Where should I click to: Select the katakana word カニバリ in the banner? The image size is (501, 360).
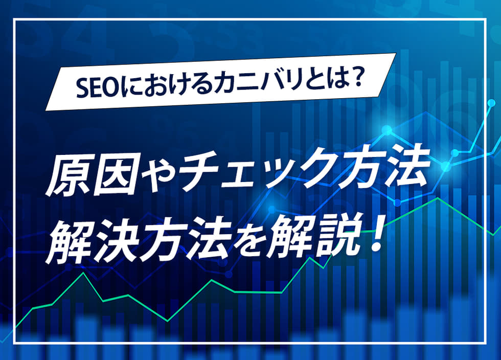click(x=257, y=83)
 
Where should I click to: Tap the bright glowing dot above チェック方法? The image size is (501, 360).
click(x=386, y=130)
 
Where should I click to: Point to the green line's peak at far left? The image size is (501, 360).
click(x=84, y=273)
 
